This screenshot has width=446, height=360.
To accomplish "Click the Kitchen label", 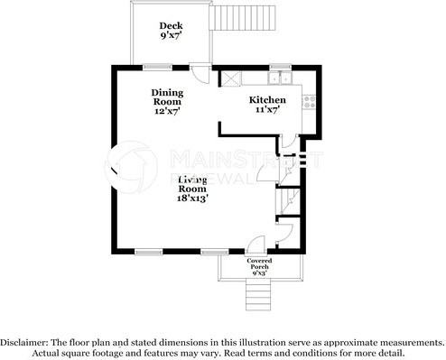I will pos(267,100).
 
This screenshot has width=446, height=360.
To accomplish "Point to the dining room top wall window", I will pos(159,66).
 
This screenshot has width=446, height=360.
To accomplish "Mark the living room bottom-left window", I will pos(148,251).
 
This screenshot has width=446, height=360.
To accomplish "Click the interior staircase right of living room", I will pos(288,198).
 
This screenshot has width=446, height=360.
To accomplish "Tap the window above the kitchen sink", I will pos(280,66).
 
